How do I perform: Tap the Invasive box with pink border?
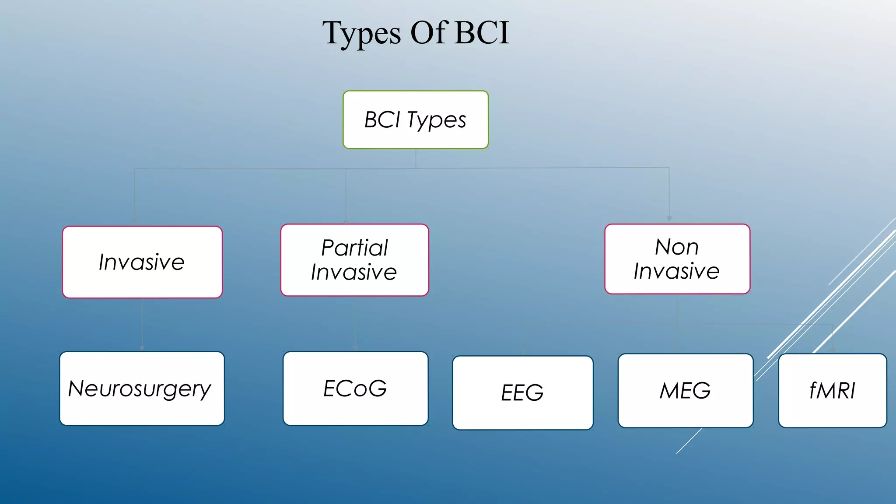142,262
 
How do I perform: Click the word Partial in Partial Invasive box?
354,248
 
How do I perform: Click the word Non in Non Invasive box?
676,247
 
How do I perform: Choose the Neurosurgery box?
142,388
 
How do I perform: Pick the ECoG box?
355,388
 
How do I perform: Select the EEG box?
522,392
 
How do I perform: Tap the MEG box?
685,391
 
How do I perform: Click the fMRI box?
832,391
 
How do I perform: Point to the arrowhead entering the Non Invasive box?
669,219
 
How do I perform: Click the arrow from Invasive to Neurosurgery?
142,324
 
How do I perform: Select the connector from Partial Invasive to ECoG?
355,324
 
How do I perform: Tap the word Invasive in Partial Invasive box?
354,272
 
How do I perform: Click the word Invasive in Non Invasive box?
676,271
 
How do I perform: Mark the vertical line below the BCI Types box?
416,158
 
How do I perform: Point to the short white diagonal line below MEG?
689,441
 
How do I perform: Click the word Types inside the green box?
436,120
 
